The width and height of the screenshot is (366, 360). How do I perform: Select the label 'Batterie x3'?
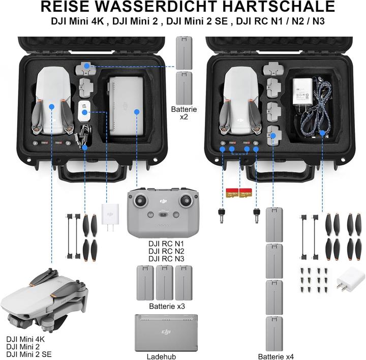(x=167, y=307)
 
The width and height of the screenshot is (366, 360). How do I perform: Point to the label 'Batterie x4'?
(x=276, y=356)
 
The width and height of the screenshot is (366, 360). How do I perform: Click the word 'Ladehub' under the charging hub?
(x=161, y=356)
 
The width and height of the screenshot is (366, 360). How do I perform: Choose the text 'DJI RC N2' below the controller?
(x=163, y=251)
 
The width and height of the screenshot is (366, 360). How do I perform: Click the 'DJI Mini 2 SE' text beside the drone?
(x=28, y=354)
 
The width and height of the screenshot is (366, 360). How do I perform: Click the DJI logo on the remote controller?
(x=163, y=202)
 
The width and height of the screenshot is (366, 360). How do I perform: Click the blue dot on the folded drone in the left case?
(x=51, y=107)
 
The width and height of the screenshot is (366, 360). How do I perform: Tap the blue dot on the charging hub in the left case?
(x=136, y=111)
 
